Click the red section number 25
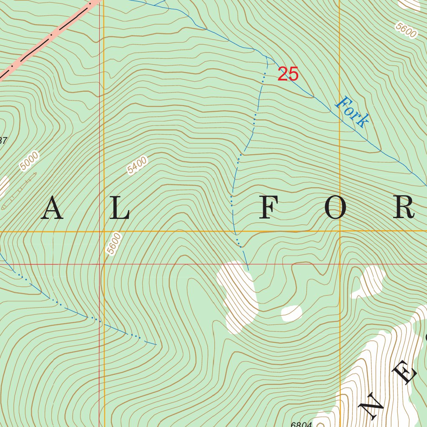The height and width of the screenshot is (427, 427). [x=288, y=74]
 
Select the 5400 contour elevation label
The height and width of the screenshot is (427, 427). [x=138, y=165]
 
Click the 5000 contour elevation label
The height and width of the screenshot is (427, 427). [x=29, y=161]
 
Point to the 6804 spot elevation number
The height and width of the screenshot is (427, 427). [x=301, y=424]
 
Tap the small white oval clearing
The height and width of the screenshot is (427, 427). [x=291, y=313]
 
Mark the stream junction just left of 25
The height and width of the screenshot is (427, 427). [x=266, y=57]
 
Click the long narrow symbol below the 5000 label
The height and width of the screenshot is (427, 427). [x=19, y=191]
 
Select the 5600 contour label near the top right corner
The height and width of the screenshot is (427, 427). [x=406, y=30]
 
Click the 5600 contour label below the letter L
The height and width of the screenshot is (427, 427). [x=113, y=244]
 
